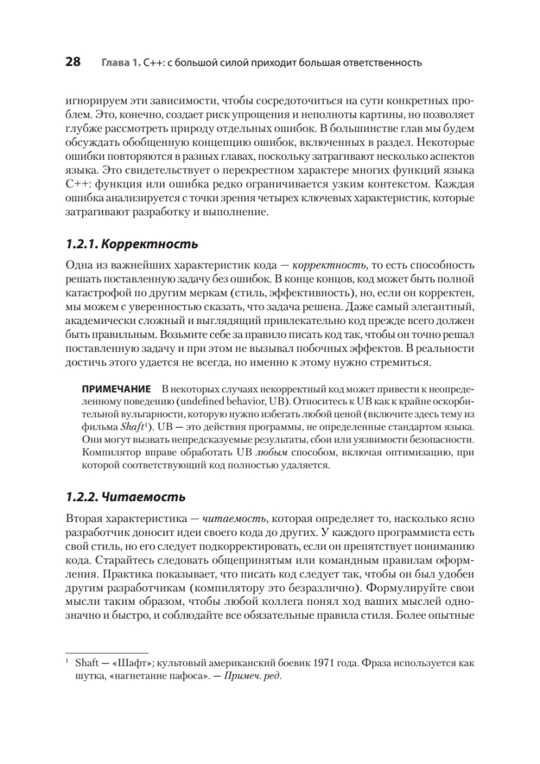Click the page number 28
(73, 62)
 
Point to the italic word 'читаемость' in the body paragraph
(233, 518)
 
